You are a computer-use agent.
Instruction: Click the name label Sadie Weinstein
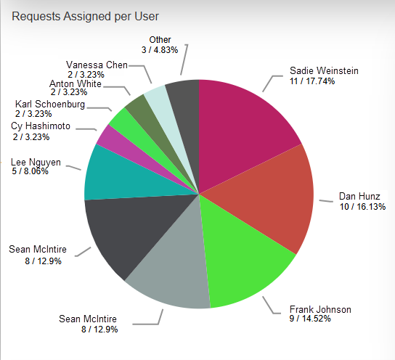click(324, 71)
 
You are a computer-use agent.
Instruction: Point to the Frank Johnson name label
click(320, 310)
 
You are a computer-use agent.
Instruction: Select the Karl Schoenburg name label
click(50, 105)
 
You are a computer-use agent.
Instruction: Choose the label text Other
click(160, 40)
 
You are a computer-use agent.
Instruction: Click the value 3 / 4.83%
click(160, 50)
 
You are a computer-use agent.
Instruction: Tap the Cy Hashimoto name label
click(41, 126)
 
